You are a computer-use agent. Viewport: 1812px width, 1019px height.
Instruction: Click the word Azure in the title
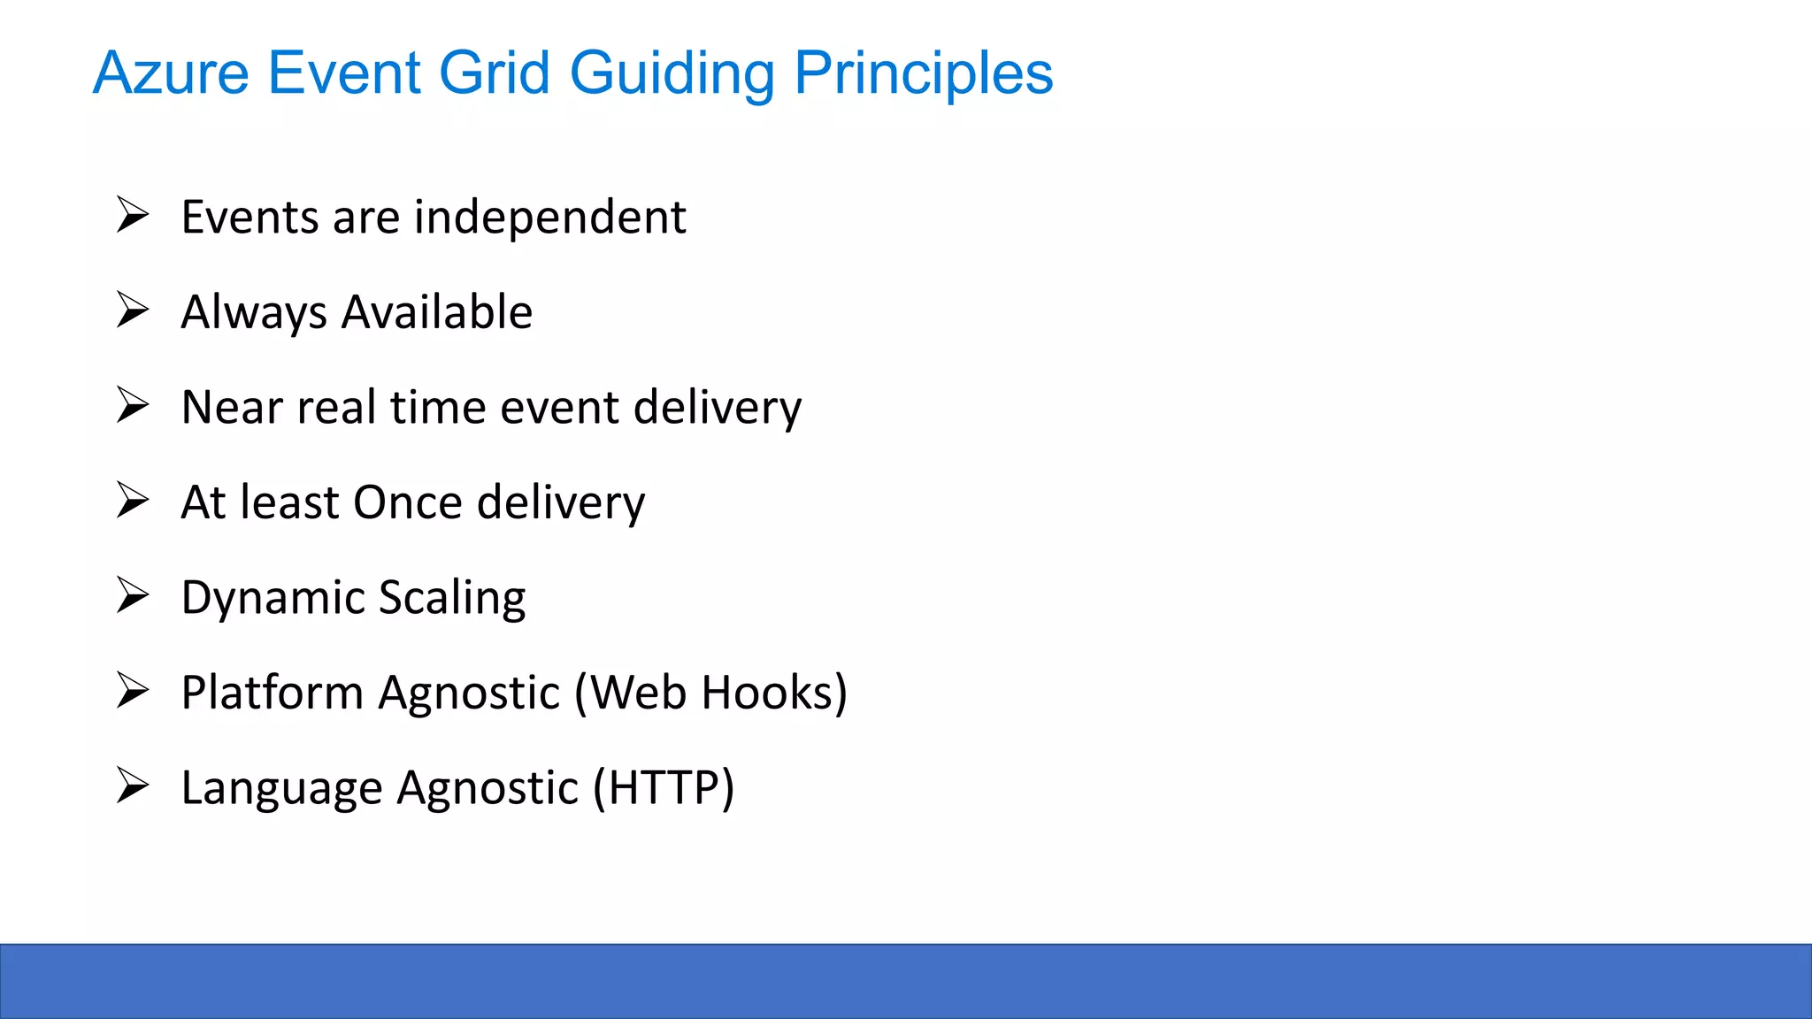point(171,73)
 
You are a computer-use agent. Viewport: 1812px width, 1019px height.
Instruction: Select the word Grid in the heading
point(495,73)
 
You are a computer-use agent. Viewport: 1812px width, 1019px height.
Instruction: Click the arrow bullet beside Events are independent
point(133,215)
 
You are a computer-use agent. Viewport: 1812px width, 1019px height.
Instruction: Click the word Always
point(254,312)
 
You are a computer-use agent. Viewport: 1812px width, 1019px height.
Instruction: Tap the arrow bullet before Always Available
point(133,310)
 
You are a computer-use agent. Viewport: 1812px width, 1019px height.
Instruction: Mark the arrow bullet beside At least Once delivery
point(133,501)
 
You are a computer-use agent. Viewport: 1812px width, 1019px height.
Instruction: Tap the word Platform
point(272,693)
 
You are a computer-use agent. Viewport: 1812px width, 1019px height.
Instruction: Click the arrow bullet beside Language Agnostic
point(133,785)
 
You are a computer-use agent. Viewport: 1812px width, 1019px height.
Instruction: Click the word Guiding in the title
point(672,73)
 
